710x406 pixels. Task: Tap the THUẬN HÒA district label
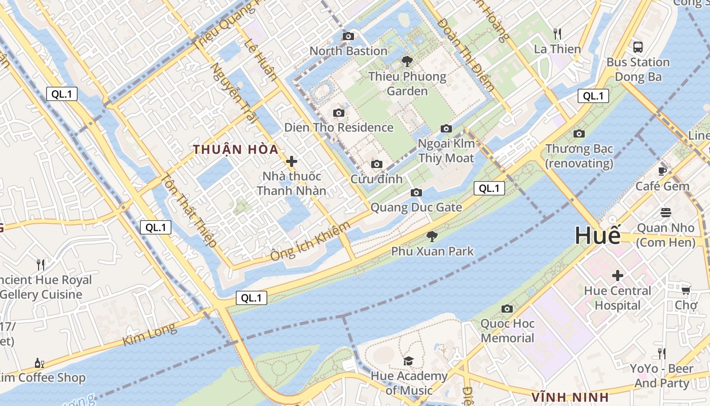click(x=236, y=150)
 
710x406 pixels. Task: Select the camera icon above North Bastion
click(x=348, y=36)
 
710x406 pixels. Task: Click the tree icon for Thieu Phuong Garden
click(x=407, y=62)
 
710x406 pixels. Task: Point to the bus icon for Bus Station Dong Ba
click(x=638, y=47)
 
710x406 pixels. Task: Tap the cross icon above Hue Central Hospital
click(x=617, y=276)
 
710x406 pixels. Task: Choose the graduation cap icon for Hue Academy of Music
click(x=408, y=361)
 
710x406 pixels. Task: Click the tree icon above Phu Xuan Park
click(x=432, y=236)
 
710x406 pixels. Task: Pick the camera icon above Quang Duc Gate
click(x=416, y=192)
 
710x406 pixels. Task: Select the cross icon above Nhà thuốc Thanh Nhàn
click(x=292, y=162)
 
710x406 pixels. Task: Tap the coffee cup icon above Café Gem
click(x=662, y=171)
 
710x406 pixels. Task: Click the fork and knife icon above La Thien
click(x=557, y=34)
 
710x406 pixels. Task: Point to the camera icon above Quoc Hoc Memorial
click(x=507, y=309)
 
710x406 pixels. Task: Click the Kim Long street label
click(x=150, y=334)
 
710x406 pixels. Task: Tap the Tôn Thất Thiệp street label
click(x=189, y=211)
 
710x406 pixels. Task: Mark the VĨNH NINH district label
click(x=570, y=396)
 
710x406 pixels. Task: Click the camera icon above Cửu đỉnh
click(x=376, y=164)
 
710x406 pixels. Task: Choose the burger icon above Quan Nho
click(x=666, y=213)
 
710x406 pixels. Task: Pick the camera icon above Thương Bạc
click(x=579, y=134)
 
